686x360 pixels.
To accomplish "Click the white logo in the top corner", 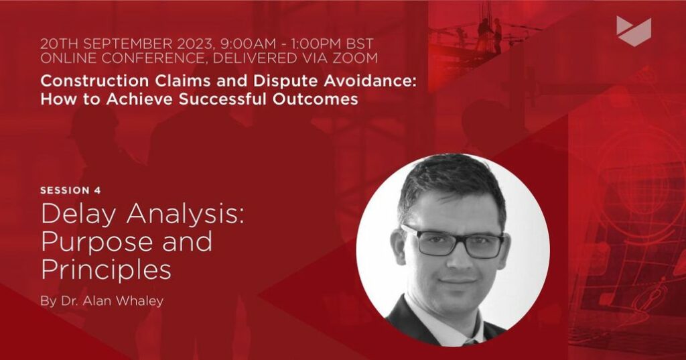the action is pos(634,32).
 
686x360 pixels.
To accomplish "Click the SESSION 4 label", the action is pos(70,190).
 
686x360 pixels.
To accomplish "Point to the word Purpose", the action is pos(99,243).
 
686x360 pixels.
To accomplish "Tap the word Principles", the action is pos(106,269).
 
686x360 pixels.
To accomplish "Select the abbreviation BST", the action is pos(359,44).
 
